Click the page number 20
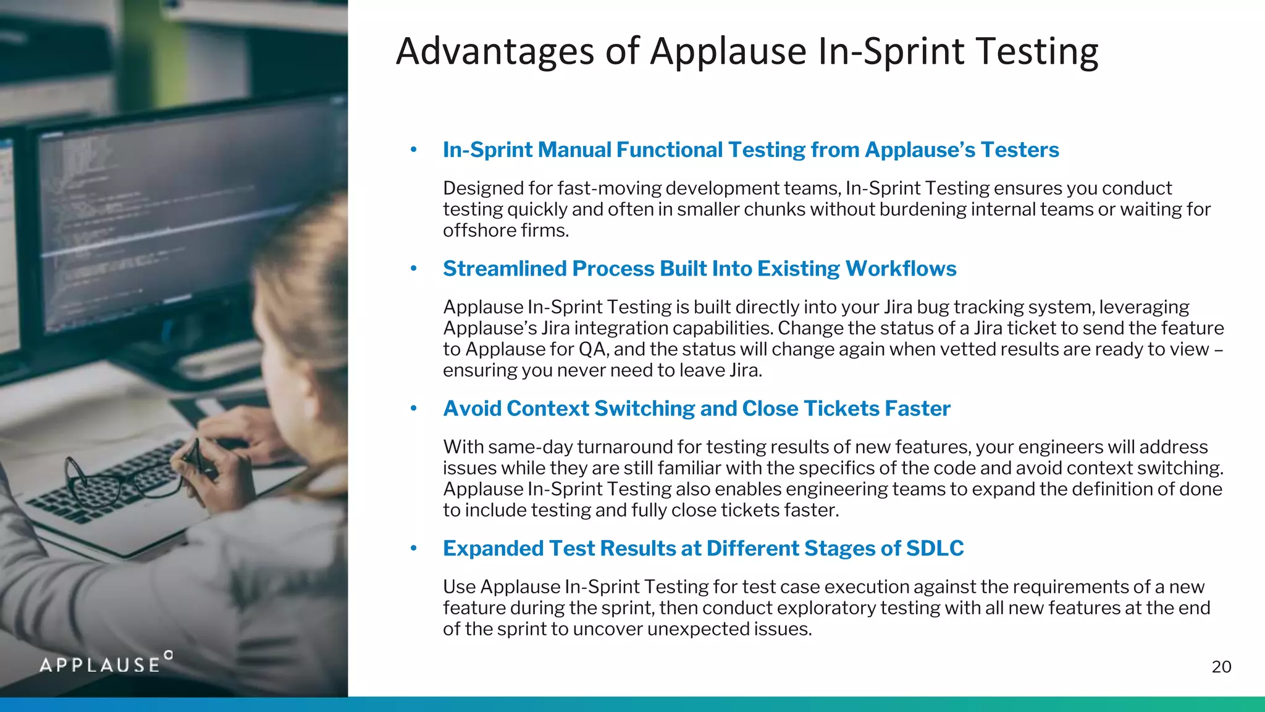[x=1221, y=667]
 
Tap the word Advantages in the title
[x=495, y=51]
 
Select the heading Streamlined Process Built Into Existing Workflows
[x=699, y=269]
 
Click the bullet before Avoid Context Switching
[x=414, y=409]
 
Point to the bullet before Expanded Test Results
[x=414, y=548]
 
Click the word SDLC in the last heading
[x=935, y=548]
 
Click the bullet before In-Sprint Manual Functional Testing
[x=414, y=150]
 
